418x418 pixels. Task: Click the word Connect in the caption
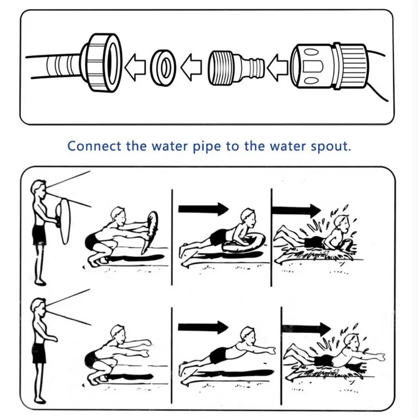coord(88,146)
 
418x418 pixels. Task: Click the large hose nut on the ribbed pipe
coord(102,62)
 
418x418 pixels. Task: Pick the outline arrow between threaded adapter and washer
coord(192,67)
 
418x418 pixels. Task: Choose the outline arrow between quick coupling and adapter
coord(277,66)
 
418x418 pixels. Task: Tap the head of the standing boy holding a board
coord(38,187)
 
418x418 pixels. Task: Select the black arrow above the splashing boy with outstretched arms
coord(306,327)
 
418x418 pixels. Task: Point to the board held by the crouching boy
coord(149,232)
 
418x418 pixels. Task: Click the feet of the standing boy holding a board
coord(40,282)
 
